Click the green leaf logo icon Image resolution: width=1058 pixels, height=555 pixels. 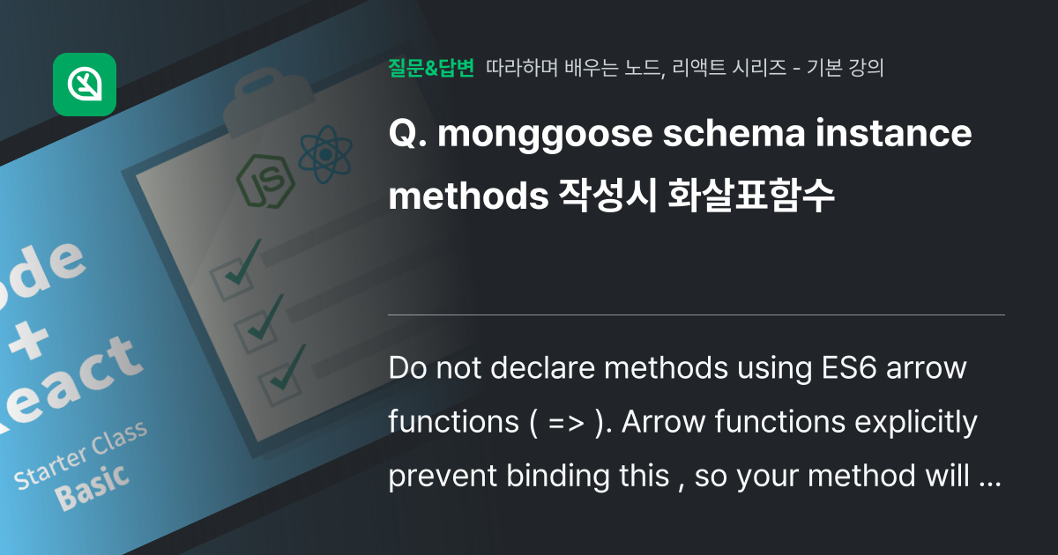(x=85, y=85)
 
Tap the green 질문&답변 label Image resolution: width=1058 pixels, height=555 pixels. (x=431, y=68)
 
